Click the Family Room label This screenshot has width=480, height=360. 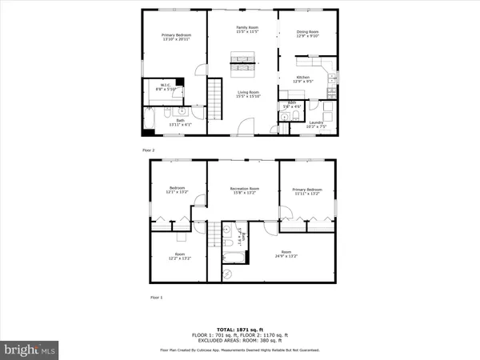[x=244, y=30]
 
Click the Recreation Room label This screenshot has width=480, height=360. [x=242, y=191]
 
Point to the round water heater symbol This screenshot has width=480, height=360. [x=226, y=274]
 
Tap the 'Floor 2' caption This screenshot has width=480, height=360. [x=147, y=150]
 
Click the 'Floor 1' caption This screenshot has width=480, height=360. [x=156, y=297]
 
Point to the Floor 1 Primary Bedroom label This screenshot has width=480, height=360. [x=307, y=191]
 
